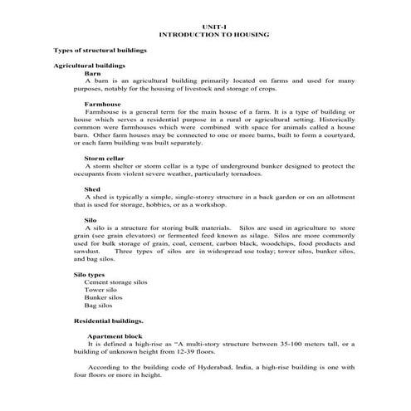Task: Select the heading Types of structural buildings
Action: point(100,51)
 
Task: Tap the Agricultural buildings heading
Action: point(89,66)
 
